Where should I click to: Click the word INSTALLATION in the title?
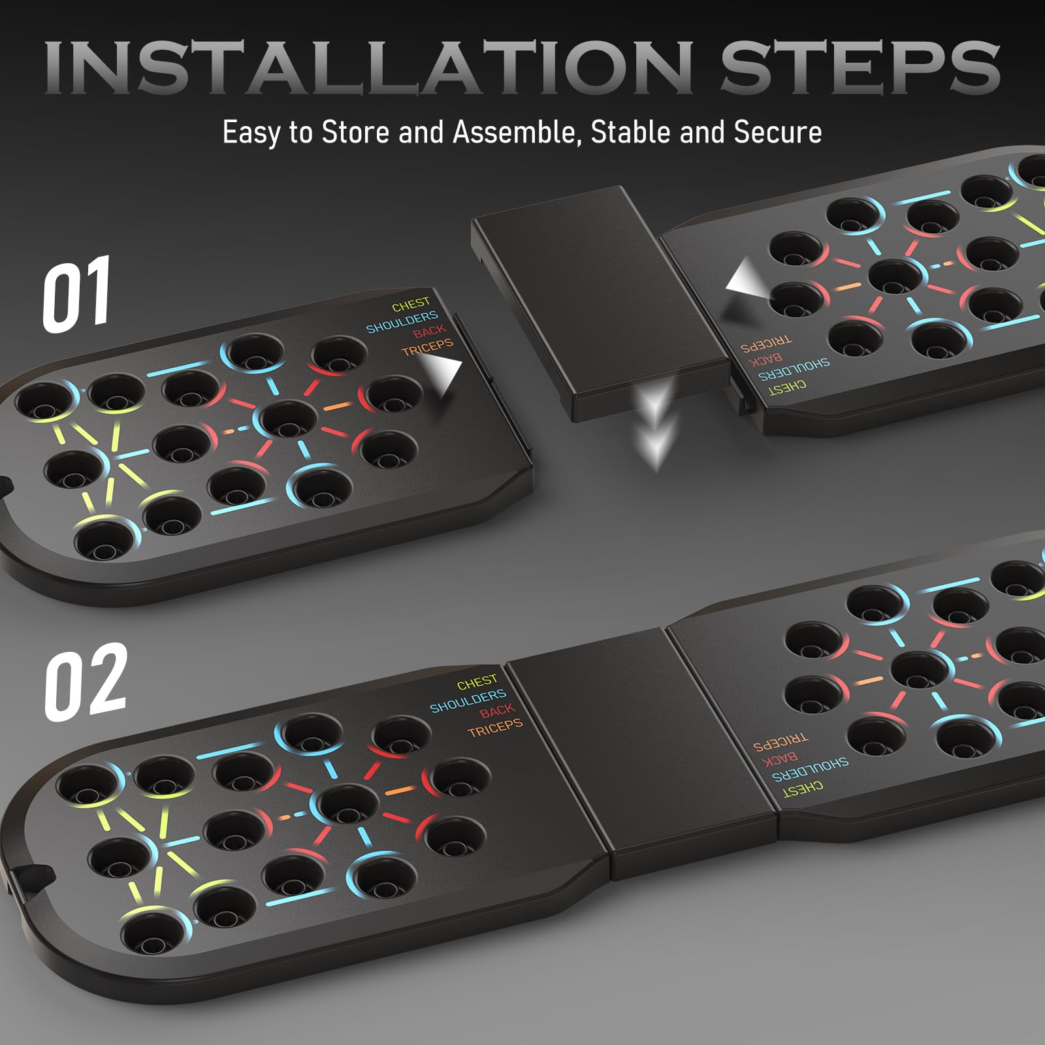(369, 66)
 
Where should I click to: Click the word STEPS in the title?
(860, 66)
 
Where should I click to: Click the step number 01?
(77, 293)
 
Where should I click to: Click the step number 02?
(85, 681)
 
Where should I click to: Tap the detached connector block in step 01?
(600, 304)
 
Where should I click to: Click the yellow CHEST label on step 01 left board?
(411, 304)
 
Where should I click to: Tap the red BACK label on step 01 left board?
(429, 332)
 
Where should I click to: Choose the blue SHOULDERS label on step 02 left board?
(468, 700)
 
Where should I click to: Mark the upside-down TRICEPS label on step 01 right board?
(766, 344)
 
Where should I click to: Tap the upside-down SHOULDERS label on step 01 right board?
(794, 370)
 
